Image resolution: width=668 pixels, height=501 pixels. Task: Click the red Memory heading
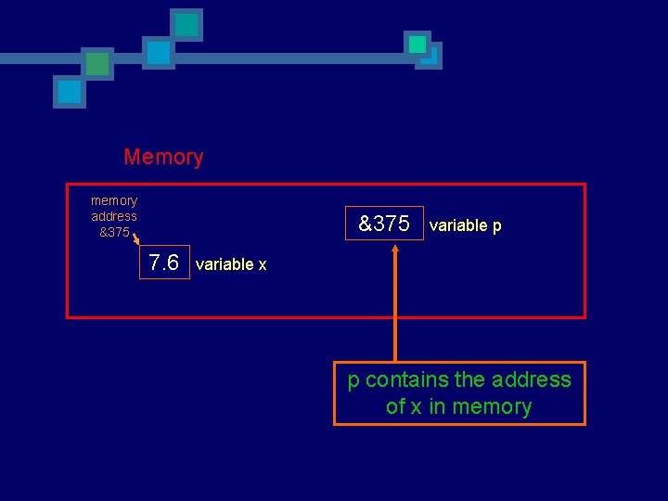pos(163,158)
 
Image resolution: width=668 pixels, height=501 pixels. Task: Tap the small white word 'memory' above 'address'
pos(114,200)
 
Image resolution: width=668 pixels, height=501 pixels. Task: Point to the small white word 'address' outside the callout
pos(114,216)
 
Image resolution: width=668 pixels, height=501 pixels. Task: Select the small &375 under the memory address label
pos(114,232)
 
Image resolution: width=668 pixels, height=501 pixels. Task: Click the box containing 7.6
pos(164,263)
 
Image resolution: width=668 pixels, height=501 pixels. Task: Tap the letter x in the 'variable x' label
pos(263,265)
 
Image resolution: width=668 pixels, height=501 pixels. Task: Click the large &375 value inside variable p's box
pos(384,224)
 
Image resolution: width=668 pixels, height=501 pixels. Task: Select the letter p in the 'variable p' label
pos(497,227)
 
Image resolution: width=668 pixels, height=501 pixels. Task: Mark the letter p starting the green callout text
pos(353,381)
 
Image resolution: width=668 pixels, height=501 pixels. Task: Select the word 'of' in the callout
pos(396,406)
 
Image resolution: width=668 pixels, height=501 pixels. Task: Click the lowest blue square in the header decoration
pos(70,92)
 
